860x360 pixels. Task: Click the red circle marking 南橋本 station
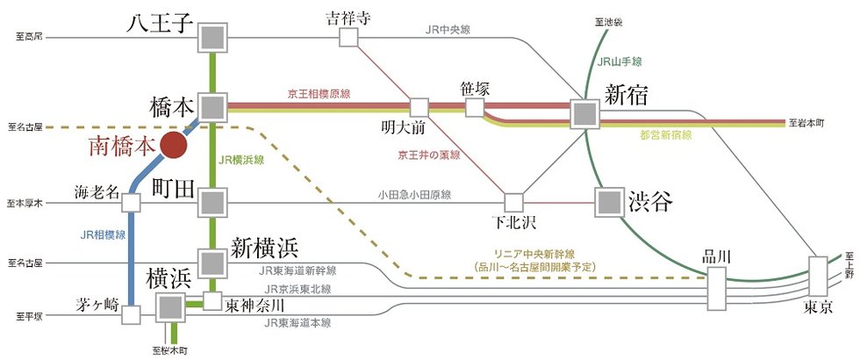tap(175, 146)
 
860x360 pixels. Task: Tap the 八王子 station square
tap(211, 37)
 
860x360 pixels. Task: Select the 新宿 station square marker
tap(584, 113)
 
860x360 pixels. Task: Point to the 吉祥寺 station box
tap(349, 37)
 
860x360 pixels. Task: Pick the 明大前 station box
tap(419, 107)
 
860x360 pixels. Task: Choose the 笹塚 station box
tap(475, 107)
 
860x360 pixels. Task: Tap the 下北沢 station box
tap(513, 203)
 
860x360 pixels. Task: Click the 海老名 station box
tap(133, 203)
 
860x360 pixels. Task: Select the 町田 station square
tap(211, 203)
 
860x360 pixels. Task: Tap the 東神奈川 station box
tap(211, 301)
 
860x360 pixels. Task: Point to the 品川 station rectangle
tap(716, 287)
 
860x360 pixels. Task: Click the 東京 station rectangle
tap(818, 276)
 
